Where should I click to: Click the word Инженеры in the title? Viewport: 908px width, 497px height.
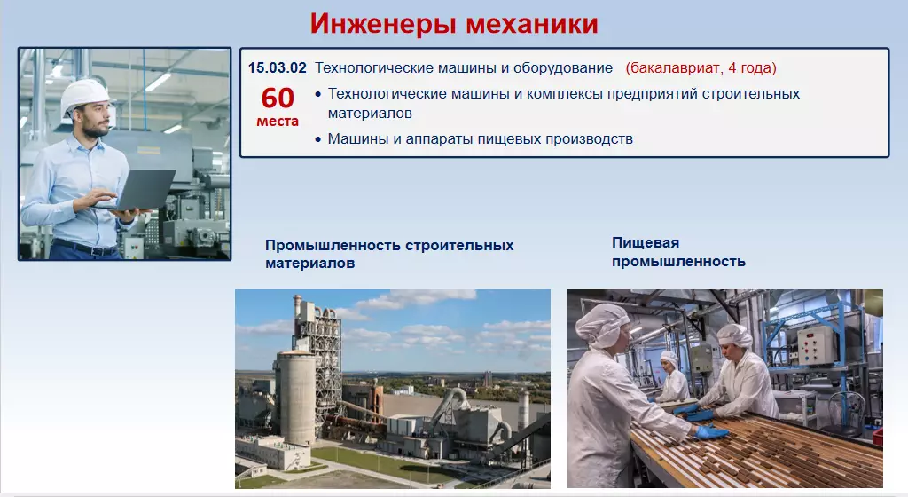pyautogui.click(x=383, y=24)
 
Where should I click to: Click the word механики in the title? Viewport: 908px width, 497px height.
pyautogui.click(x=532, y=24)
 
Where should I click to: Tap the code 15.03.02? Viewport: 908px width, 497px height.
pyautogui.click(x=277, y=67)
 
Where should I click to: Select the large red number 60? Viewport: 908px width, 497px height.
pyautogui.click(x=278, y=98)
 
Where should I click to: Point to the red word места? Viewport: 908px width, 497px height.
pyautogui.click(x=278, y=121)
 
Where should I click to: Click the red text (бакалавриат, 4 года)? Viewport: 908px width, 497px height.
pyautogui.click(x=701, y=68)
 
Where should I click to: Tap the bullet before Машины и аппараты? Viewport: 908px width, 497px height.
pyautogui.click(x=318, y=139)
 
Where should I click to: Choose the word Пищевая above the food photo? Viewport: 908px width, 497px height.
pyautogui.click(x=646, y=242)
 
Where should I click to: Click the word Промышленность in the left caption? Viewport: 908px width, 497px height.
pyautogui.click(x=333, y=246)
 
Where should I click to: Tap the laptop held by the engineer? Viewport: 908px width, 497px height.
pyautogui.click(x=139, y=190)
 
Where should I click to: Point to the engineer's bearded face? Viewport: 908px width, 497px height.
pyautogui.click(x=94, y=120)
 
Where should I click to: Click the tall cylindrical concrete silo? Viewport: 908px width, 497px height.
pyautogui.click(x=295, y=396)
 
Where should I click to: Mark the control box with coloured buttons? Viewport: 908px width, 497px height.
pyautogui.click(x=817, y=345)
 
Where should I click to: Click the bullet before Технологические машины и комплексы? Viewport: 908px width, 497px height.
pyautogui.click(x=318, y=94)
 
